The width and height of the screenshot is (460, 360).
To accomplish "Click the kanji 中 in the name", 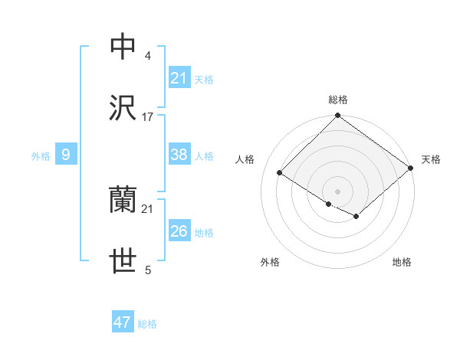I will point(123,47).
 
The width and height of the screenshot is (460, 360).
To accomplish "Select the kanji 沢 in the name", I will point(123,106).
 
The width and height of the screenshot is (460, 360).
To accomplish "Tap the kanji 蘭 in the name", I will point(123,201).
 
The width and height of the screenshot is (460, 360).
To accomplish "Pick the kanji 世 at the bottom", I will point(123,261).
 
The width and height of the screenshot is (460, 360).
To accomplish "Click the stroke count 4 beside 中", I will point(147,56).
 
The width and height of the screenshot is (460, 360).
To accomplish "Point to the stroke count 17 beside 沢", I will point(147,116).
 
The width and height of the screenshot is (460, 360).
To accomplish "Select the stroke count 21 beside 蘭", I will point(147,209).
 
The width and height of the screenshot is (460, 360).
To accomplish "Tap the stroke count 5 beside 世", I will point(147,270).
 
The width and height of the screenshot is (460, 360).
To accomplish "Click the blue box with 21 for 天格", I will point(179,78).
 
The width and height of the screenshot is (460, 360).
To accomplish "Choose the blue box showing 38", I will point(179,155).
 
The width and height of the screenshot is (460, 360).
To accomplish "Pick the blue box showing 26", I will point(179,231).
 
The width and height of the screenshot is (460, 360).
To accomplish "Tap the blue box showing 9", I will point(66,155).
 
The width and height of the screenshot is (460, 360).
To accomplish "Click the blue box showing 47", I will point(123,322).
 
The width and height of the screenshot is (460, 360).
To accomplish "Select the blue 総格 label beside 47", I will point(147,324).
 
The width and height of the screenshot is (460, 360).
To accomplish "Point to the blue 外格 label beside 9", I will point(41,156).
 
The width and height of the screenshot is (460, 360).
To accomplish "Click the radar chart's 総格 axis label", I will point(338,100).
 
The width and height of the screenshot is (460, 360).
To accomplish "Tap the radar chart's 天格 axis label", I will point(431,159).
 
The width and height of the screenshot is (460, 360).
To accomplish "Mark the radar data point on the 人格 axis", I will point(280,172).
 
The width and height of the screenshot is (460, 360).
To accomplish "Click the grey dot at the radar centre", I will point(337,191).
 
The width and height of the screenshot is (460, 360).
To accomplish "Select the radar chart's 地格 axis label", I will point(402,262).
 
